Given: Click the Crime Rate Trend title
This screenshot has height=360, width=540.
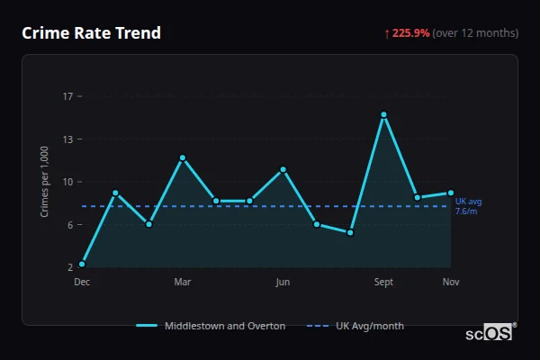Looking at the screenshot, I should coord(91,33).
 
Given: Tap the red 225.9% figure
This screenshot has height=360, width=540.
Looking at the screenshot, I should coord(410,33).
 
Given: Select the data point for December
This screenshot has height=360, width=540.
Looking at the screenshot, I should coord(82,264).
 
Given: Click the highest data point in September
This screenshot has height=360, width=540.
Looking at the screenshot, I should coord(383,114).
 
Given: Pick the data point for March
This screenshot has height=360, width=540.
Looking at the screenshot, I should coord(182,157).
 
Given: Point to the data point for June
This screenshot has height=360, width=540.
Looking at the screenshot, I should coord(283,169).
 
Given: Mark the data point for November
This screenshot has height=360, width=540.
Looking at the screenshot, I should coord(451,192).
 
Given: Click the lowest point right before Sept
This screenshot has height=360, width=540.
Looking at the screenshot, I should coord(350,232).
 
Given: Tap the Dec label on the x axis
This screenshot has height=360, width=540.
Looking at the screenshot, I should coord(82,283).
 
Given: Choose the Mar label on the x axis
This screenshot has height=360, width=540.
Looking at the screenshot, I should coord(182,283).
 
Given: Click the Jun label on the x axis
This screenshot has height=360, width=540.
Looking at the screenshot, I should coord(283,283).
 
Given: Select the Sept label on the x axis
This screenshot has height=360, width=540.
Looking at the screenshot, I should coord(383,283).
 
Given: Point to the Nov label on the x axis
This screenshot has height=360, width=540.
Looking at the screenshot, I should coord(451,283).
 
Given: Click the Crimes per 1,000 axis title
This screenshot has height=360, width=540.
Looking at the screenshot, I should coord(45,182).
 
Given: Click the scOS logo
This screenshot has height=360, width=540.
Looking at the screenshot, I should coord(490,333).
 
